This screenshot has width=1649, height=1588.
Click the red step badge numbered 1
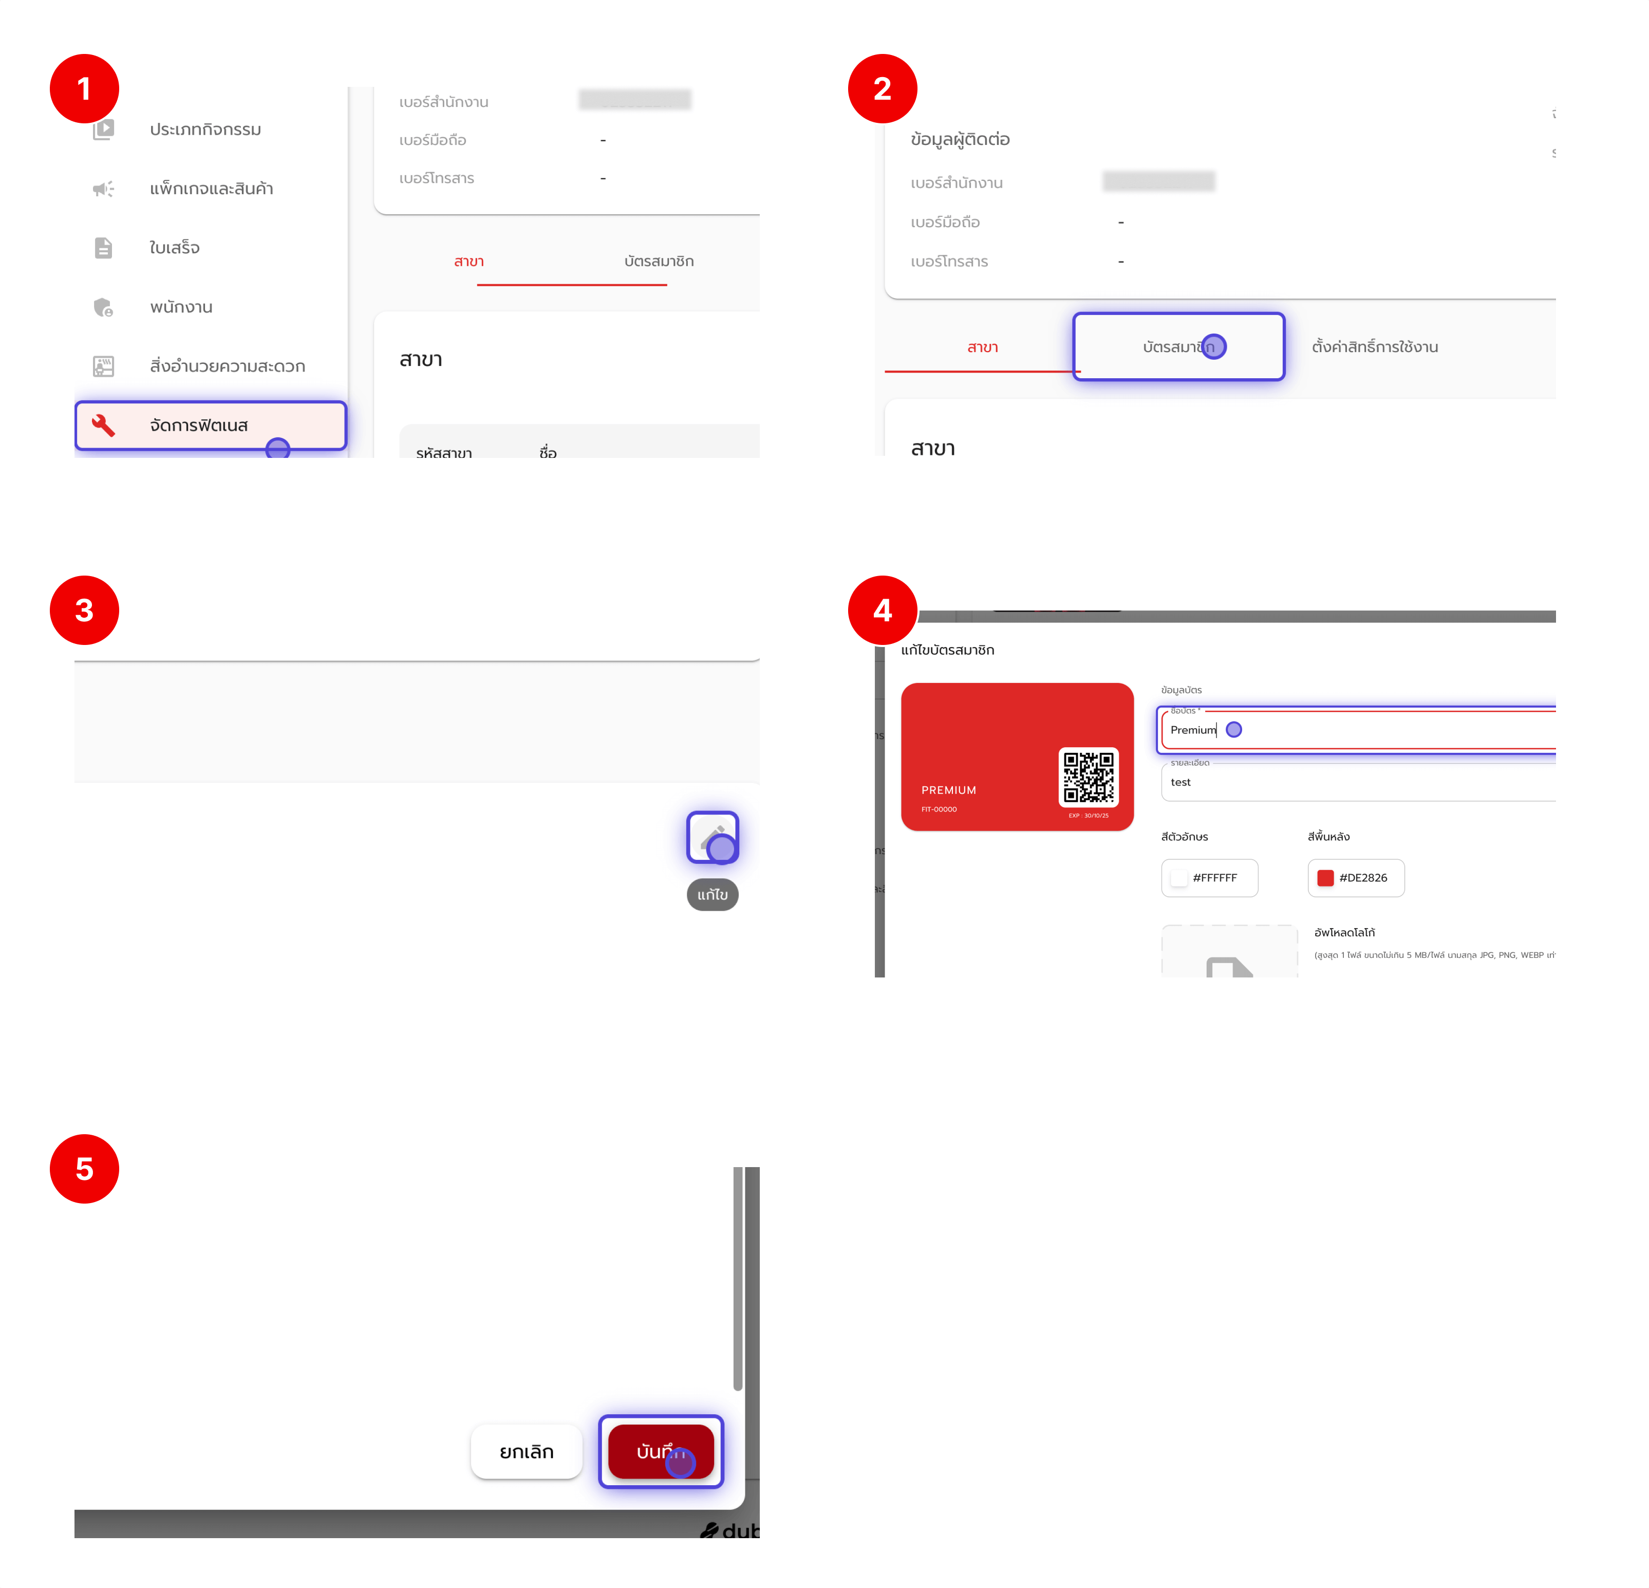point(84,88)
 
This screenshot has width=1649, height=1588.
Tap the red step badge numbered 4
point(882,610)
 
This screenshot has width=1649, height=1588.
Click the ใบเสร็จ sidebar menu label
point(174,247)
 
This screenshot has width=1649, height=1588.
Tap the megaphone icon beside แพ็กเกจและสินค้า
point(103,189)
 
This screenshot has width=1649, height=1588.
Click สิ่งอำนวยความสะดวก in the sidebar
point(227,366)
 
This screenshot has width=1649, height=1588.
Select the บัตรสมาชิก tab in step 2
point(1178,347)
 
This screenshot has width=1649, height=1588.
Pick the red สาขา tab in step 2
point(982,347)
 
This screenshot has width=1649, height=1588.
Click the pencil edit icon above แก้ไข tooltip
point(713,837)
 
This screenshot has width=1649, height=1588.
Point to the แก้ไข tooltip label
point(713,895)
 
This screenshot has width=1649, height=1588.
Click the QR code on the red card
point(1088,777)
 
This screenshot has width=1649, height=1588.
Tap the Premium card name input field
point(1355,730)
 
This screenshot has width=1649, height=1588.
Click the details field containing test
point(1355,782)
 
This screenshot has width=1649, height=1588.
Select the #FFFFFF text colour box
point(1209,878)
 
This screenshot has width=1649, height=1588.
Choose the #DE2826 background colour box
point(1355,878)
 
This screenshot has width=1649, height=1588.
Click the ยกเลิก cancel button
point(527,1452)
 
